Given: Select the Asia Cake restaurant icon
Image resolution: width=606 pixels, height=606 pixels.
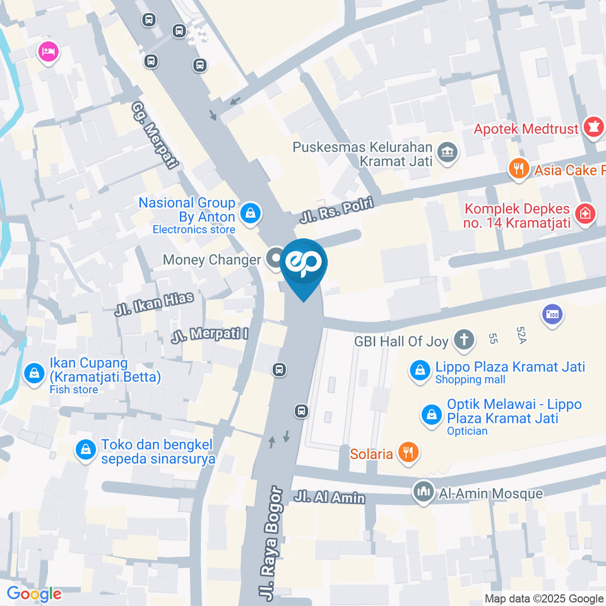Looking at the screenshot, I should [x=518, y=169].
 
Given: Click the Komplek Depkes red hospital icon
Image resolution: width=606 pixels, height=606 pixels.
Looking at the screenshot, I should [x=585, y=213].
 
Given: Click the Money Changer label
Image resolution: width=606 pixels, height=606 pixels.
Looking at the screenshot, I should [x=211, y=259].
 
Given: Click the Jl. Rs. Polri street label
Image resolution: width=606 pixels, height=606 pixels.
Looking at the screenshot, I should [x=336, y=211].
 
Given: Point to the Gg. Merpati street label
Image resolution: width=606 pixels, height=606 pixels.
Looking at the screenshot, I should [x=155, y=135].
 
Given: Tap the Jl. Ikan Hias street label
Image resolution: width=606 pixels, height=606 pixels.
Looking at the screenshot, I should [x=154, y=304].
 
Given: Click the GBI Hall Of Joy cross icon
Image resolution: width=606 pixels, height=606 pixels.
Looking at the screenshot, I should [x=464, y=341].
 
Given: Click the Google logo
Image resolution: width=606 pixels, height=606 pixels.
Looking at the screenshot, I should [x=34, y=593].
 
